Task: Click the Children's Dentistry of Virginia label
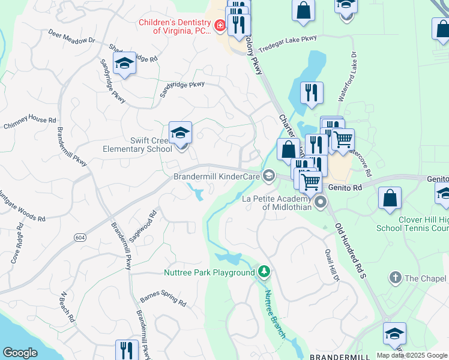pyautogui.click(x=175, y=26)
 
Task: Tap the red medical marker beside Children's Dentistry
pyautogui.click(x=220, y=26)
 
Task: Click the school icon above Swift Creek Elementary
pyautogui.click(x=180, y=133)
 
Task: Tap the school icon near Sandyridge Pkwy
pyautogui.click(x=124, y=64)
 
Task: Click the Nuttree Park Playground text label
pyautogui.click(x=209, y=273)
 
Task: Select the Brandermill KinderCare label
pyautogui.click(x=216, y=176)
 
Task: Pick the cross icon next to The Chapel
pyautogui.click(x=395, y=277)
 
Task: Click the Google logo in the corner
pyautogui.click(x=20, y=353)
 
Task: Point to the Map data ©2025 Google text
pyautogui.click(x=412, y=355)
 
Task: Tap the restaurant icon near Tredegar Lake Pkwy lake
pyautogui.click(x=312, y=93)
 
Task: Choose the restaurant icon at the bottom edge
pyautogui.click(x=127, y=350)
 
